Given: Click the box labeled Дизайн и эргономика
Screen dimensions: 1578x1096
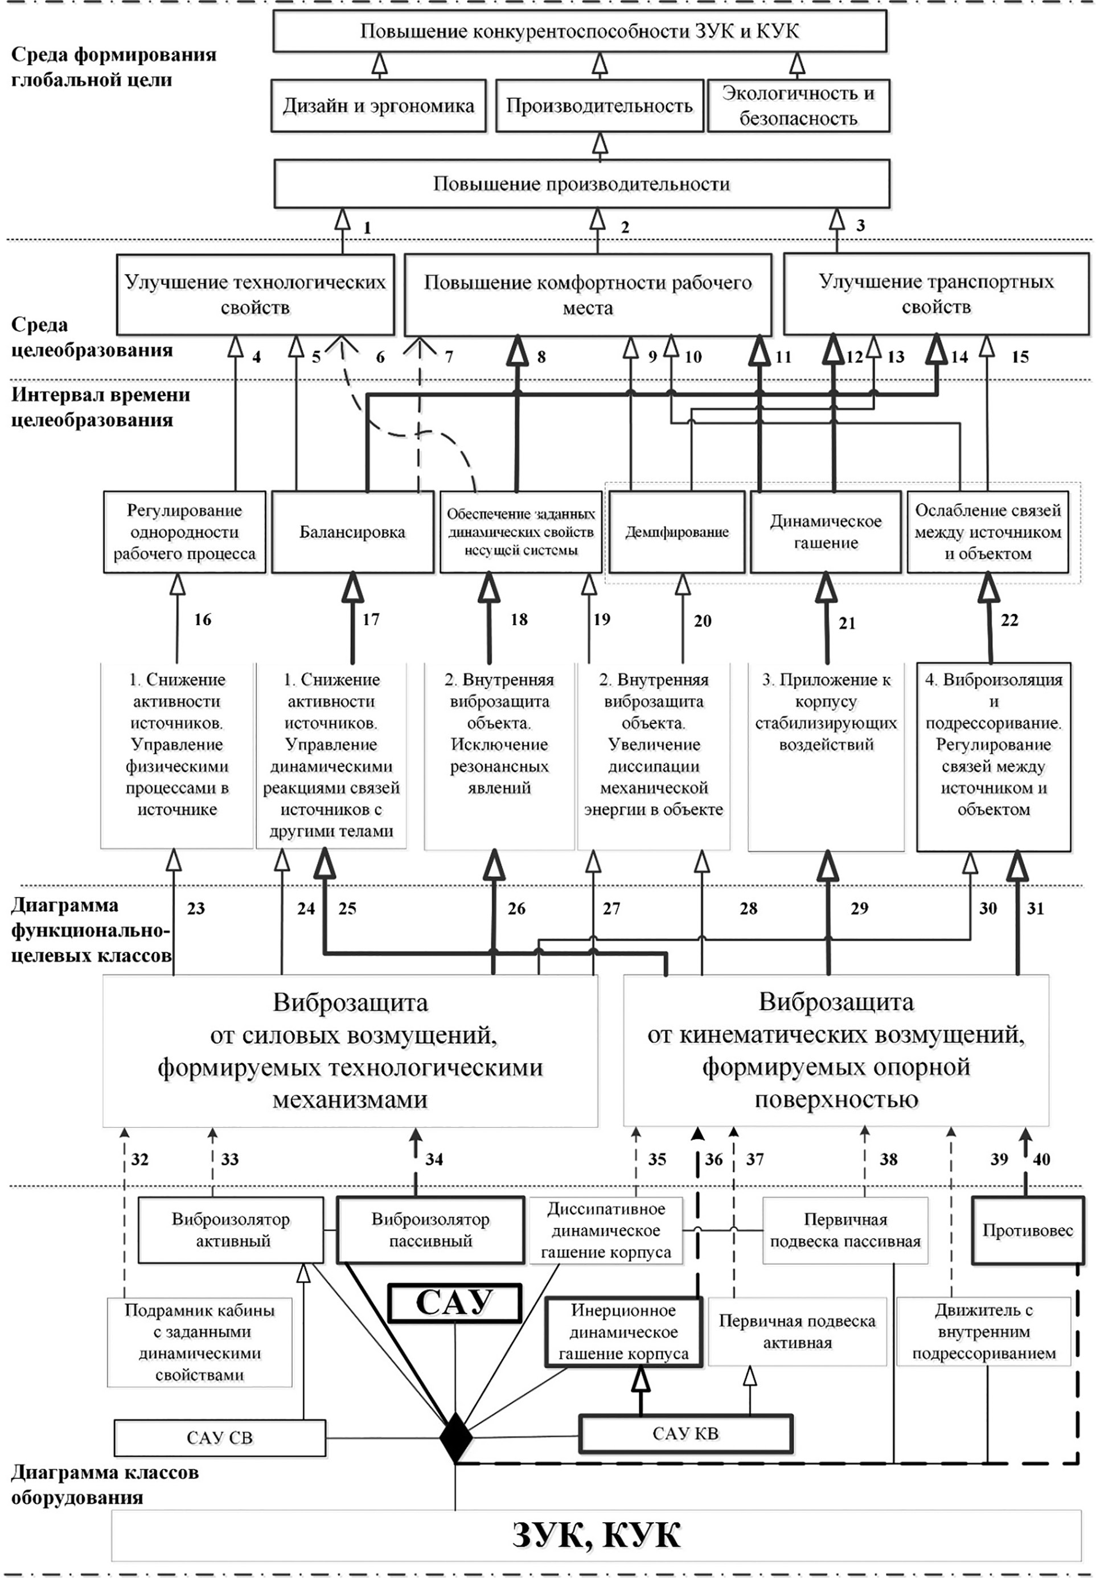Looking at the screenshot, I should pos(379,106).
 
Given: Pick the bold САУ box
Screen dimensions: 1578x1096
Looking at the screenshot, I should pos(454,1302).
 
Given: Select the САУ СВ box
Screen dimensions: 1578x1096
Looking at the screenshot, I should pos(220,1438).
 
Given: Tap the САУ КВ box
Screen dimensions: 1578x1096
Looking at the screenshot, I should pos(685,1434).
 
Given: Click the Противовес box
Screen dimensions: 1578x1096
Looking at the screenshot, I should pos(1027,1230).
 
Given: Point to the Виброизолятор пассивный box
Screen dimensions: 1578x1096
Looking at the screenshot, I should pos(430,1230).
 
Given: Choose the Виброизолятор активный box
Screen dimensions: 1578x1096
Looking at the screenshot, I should pos(231,1230).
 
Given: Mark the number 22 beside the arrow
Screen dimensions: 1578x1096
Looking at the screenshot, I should pos(1009,620).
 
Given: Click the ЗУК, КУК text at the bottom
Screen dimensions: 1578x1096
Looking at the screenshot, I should pos(596,1535).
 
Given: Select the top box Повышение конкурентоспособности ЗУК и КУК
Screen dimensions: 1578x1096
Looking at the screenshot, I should pos(580,31).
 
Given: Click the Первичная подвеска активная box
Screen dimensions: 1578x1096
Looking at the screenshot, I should pos(797,1332).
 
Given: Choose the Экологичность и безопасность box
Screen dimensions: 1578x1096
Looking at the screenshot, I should pos(798,106).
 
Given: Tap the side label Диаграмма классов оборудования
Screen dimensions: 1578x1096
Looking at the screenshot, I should pos(104,1485).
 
